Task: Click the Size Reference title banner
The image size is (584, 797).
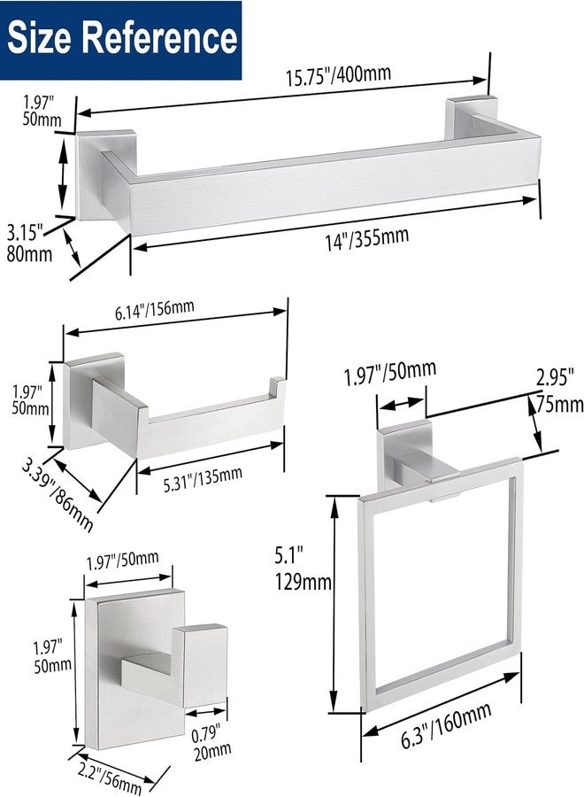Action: point(121,40)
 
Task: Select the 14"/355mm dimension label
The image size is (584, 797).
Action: point(367,239)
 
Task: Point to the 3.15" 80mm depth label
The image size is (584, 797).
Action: point(29,244)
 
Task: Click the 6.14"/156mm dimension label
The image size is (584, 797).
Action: point(154,309)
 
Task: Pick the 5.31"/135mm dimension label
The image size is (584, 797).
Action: point(203,479)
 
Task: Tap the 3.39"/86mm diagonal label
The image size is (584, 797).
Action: point(57,494)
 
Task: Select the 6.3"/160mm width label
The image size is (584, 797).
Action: point(446,725)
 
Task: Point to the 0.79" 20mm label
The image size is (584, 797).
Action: point(212,743)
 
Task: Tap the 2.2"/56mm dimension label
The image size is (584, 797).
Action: point(109,777)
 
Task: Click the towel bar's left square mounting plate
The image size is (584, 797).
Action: point(105,174)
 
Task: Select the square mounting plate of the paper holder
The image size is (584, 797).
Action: point(94,401)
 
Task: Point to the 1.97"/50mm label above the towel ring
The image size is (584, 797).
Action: point(390,373)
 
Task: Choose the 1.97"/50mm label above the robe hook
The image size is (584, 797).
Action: point(122,561)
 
